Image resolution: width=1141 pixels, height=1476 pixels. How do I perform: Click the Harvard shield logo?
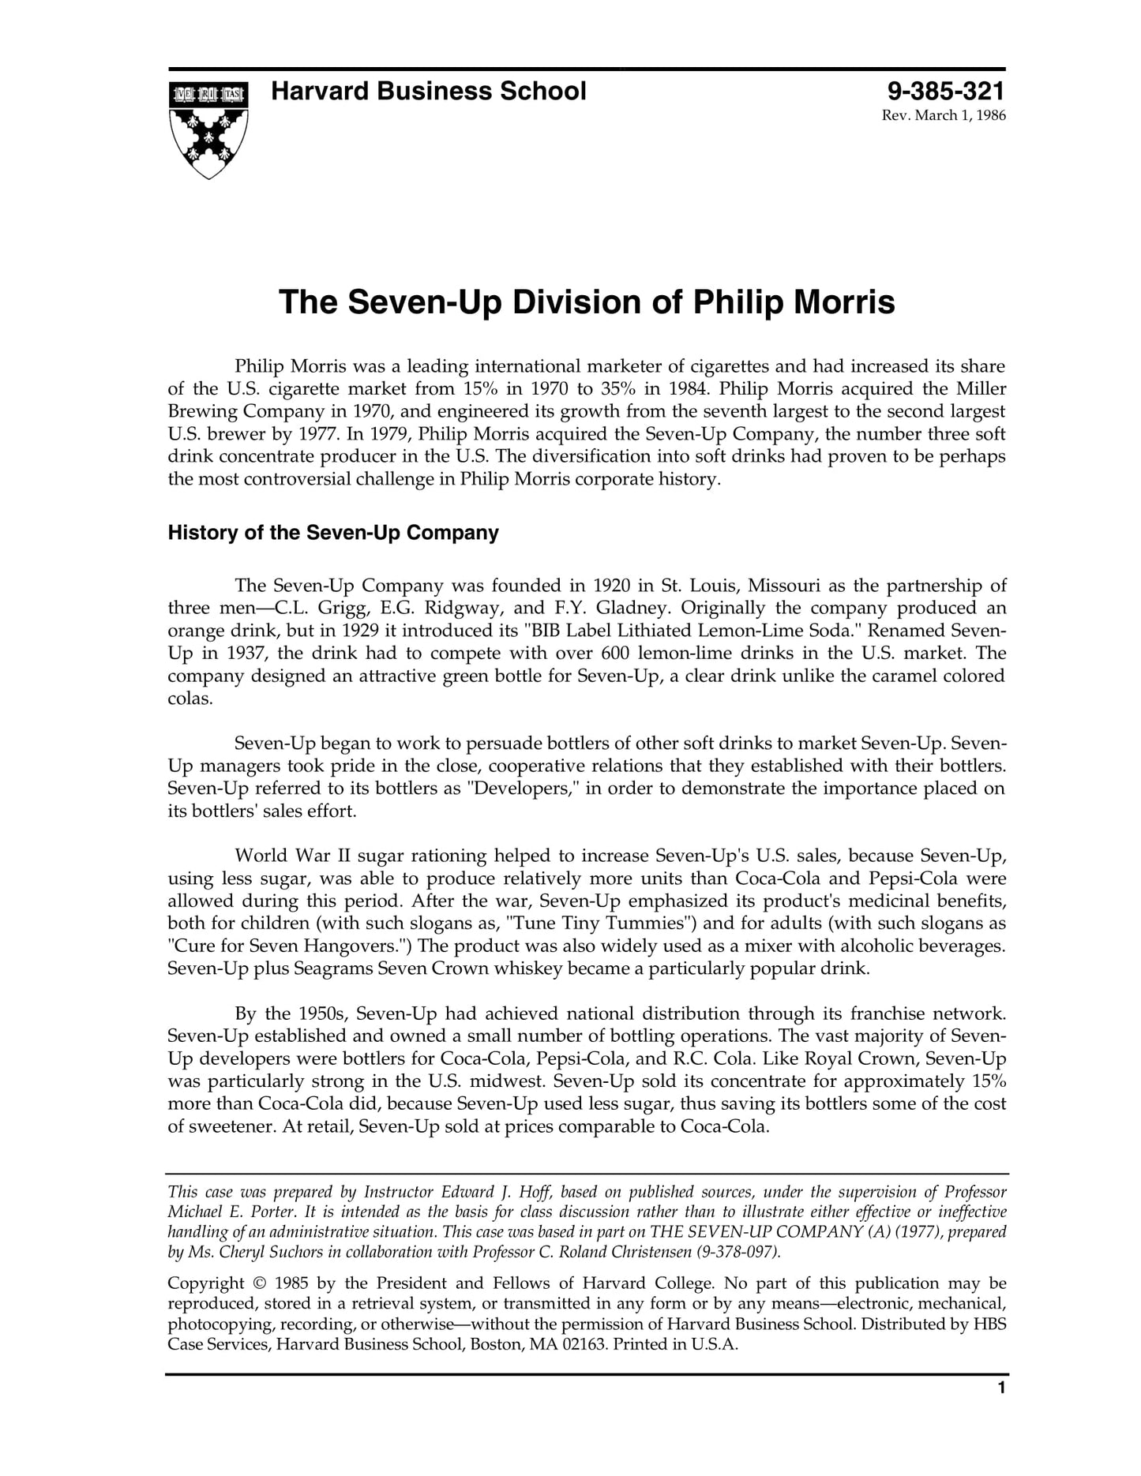tap(208, 129)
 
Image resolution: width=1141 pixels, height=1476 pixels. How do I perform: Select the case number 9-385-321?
tap(946, 92)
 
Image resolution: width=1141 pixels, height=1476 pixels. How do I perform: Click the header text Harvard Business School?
tap(428, 92)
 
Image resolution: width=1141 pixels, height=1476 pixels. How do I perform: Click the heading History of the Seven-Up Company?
tap(332, 533)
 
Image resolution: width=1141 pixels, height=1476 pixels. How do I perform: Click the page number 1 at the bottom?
tap(1001, 1388)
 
